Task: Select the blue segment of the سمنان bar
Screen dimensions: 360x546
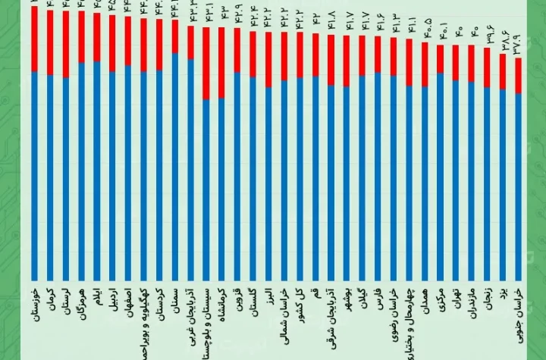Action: coord(175,167)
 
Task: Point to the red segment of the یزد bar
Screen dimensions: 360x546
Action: coord(503,71)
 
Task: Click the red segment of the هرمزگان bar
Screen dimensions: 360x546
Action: coord(81,36)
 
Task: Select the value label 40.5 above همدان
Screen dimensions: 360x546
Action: coord(425,34)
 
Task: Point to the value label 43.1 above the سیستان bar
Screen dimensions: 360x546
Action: coord(206,17)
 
